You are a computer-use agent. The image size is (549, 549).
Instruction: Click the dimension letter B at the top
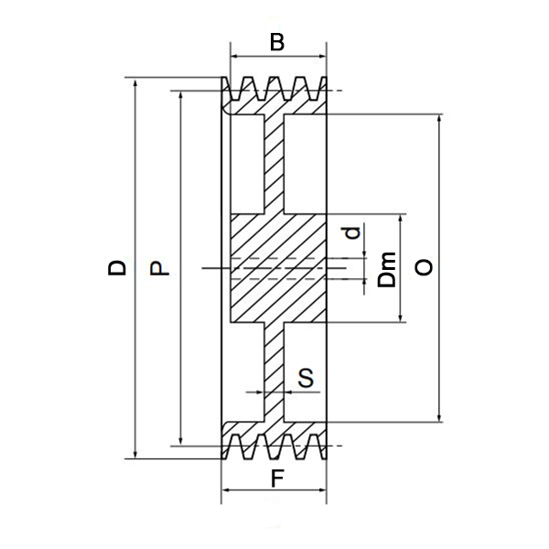(x=277, y=41)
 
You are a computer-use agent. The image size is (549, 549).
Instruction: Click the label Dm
(x=388, y=269)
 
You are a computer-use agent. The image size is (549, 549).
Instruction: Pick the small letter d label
(x=350, y=233)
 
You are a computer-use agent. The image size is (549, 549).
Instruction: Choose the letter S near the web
(x=306, y=376)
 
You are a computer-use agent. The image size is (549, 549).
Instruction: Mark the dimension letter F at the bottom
(x=276, y=478)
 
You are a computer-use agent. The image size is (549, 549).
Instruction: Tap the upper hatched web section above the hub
(x=275, y=165)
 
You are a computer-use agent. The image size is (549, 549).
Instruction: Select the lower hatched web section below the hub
(x=275, y=371)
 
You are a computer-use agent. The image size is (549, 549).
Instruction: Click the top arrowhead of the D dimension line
(x=135, y=83)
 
